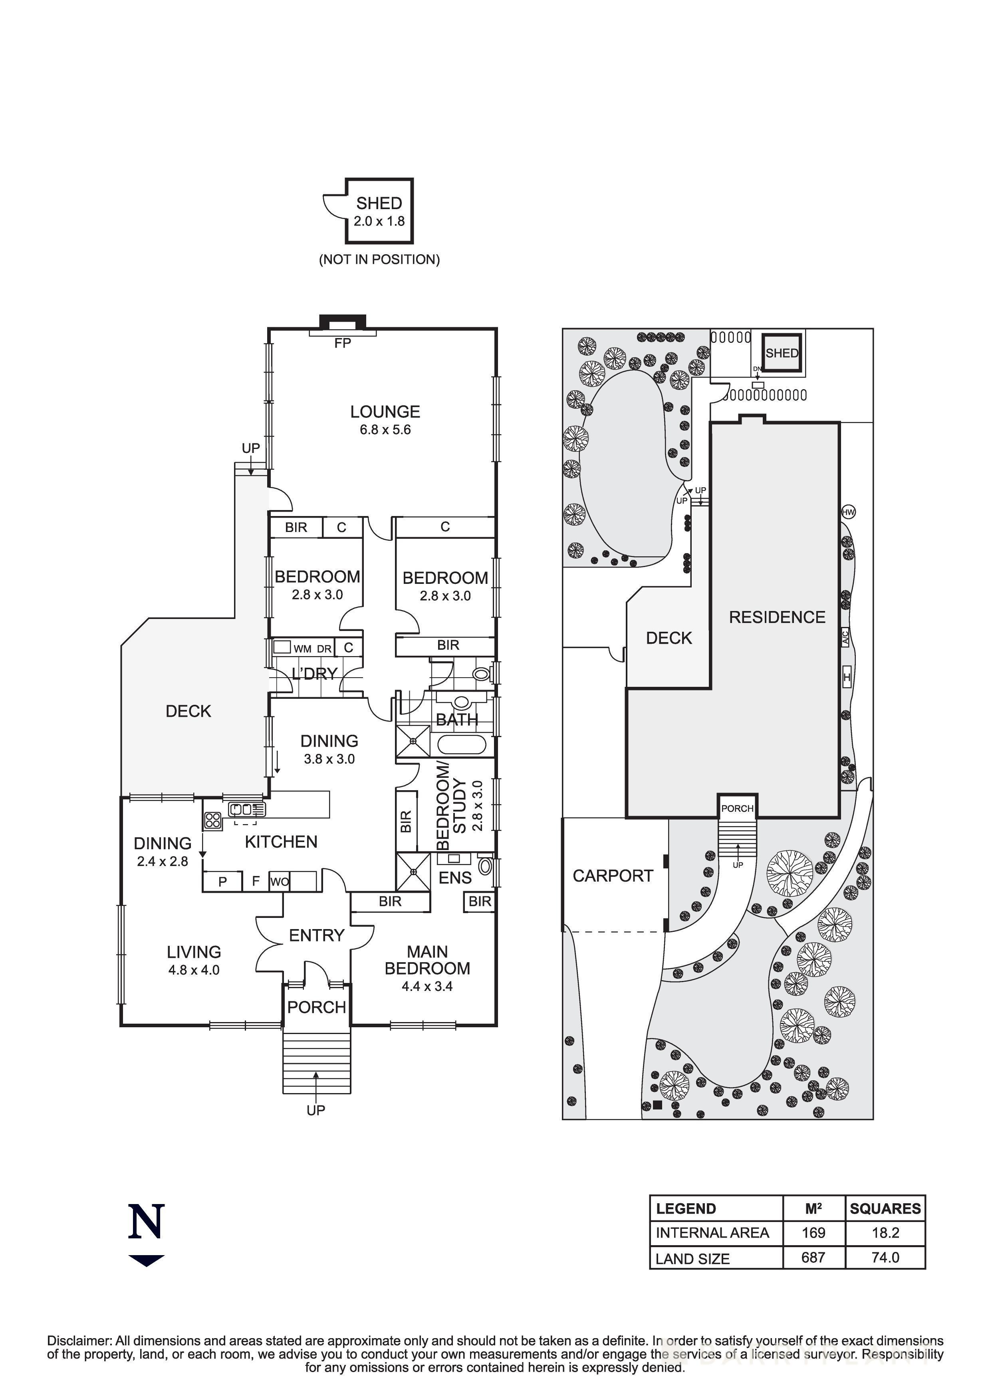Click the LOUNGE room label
385,411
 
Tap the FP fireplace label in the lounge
342,343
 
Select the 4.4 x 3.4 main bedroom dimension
427,986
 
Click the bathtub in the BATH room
461,745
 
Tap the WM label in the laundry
302,649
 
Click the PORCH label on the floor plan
317,1007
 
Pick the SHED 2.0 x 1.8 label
379,211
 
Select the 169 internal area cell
813,1233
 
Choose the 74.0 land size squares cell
885,1257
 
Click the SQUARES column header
885,1208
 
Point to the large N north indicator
147,1221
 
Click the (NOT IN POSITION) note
379,259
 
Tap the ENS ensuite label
455,878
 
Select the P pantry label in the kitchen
223,882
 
